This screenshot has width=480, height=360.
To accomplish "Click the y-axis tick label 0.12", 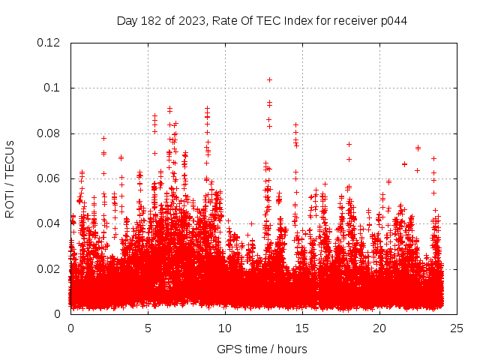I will point(50,43).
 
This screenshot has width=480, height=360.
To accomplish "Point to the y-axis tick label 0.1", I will point(53,88).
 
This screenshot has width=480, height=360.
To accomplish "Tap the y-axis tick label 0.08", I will point(50,133).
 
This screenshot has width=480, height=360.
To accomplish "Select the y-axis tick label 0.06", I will point(50,178).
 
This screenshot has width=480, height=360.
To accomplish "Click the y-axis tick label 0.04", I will point(50,223).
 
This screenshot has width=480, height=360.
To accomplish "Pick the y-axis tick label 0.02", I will point(50,268).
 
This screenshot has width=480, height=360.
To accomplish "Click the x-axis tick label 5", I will point(148,328).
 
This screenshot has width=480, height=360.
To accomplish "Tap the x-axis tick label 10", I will point(225,328).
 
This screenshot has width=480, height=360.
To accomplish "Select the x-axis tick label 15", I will point(302,328).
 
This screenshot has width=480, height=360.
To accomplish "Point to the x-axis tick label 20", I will point(379,328).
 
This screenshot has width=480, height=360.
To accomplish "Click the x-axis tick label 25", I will point(457,328).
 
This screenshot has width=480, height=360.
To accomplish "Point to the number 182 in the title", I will point(151,20).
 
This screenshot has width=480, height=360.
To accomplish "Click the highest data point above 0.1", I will point(269,79).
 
